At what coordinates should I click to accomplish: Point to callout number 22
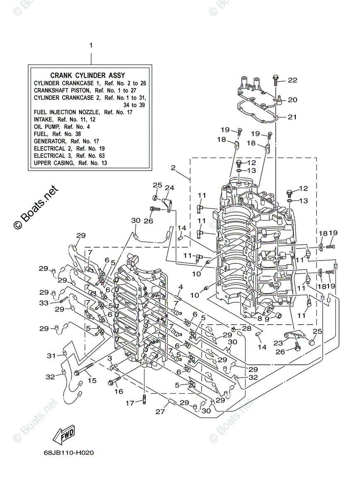coord(292,80)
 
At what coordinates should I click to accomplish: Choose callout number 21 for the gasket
coord(292,117)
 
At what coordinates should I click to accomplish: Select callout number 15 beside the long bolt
coord(92,380)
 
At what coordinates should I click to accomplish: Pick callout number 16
coord(119,391)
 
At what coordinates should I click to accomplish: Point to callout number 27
coord(160,412)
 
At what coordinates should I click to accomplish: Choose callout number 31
coord(51,355)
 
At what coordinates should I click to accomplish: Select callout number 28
coord(247,328)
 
